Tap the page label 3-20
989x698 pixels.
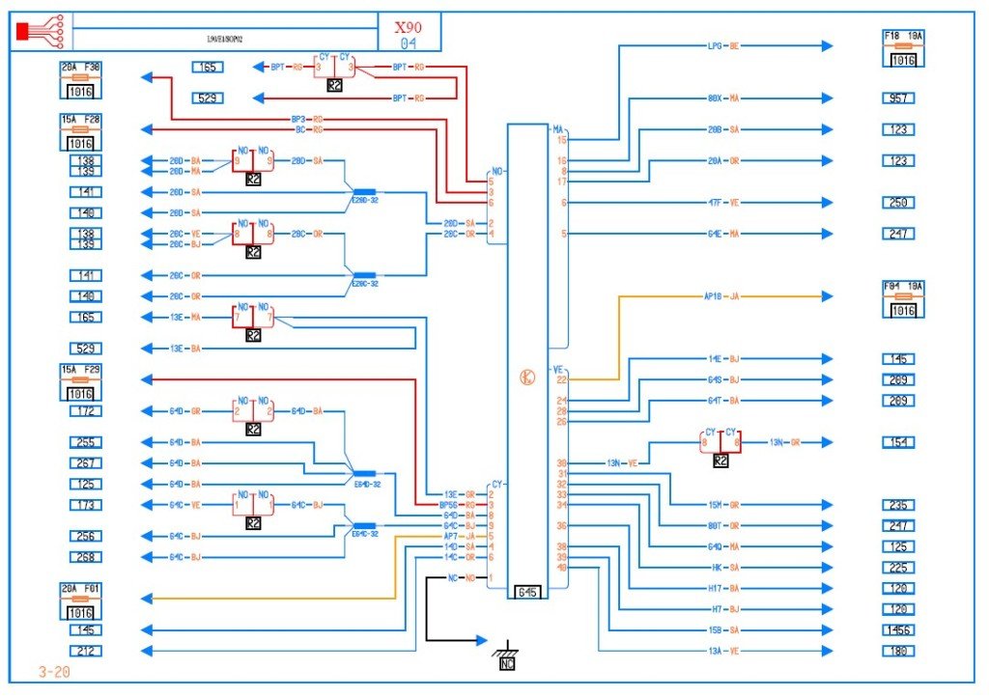point(53,671)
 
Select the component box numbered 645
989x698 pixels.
point(527,591)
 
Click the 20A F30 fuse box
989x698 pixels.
point(81,81)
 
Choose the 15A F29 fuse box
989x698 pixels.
point(81,383)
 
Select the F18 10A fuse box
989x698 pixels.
point(903,48)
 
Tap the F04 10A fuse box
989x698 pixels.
point(903,299)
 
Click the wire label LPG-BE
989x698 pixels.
point(722,45)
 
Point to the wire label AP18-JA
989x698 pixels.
point(722,296)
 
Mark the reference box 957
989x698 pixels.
point(898,98)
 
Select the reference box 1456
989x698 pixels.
point(898,630)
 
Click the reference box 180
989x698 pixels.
point(898,652)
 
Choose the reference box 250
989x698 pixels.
point(898,203)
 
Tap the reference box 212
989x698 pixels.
point(84,652)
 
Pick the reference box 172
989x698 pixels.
point(84,411)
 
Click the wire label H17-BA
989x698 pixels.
point(722,588)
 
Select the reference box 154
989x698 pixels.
point(898,442)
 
